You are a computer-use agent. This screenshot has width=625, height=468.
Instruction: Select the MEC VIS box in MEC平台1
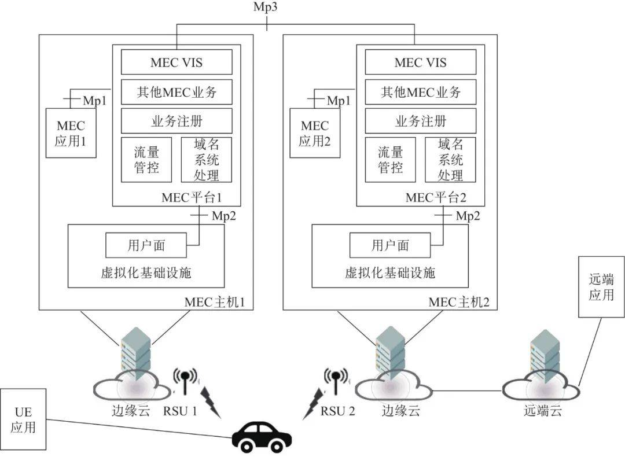177,62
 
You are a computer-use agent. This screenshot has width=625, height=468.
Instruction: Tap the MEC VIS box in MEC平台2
421,62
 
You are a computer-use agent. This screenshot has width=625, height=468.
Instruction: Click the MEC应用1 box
71,133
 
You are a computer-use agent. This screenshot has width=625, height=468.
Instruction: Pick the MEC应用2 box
315,133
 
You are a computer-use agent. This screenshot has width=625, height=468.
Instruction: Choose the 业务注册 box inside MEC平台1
177,121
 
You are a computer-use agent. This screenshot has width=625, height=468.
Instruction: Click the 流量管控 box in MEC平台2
391,160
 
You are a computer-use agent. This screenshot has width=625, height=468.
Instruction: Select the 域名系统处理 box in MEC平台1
207,160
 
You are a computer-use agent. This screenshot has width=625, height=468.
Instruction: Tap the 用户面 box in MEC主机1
146,245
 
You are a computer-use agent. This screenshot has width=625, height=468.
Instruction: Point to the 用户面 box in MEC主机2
391,245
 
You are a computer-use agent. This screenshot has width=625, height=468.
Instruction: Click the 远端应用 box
601,287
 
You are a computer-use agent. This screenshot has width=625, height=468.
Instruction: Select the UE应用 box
23,420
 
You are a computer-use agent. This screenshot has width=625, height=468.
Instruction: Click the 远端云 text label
543,411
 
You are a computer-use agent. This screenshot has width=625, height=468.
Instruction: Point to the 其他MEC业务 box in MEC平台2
421,91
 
